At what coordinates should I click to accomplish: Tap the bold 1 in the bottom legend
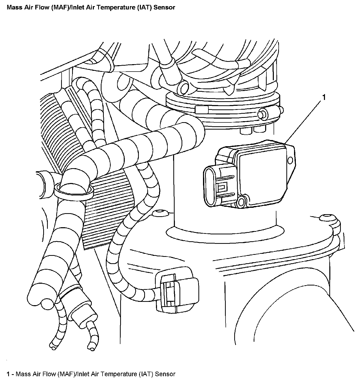tap(8, 374)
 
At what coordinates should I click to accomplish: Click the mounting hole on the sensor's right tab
tap(290, 161)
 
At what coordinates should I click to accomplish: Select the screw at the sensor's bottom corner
tap(241, 202)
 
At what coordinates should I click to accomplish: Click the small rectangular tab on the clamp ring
tap(201, 110)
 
